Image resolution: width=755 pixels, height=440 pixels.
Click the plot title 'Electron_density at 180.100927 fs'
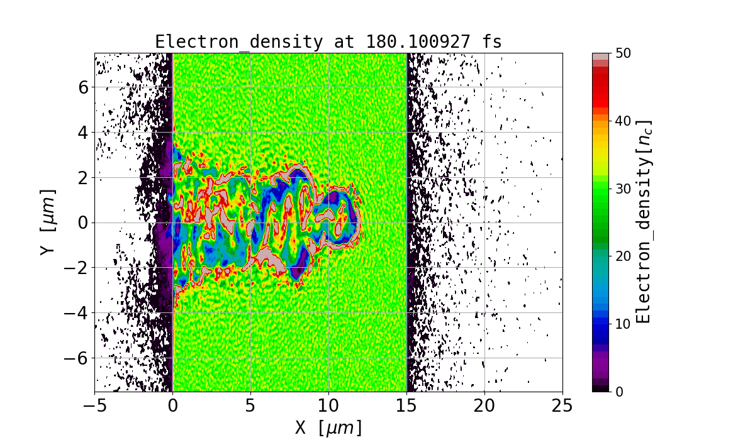[328, 42]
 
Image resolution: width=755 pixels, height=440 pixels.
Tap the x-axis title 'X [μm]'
[328, 427]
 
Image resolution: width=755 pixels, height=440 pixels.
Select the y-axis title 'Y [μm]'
[47, 223]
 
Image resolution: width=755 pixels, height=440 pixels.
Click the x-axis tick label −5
[94, 406]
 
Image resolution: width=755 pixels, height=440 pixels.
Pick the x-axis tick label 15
[406, 406]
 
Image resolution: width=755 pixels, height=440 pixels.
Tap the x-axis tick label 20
[484, 406]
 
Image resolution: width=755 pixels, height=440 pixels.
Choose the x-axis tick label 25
[562, 406]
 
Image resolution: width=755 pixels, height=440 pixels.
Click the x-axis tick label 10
[328, 406]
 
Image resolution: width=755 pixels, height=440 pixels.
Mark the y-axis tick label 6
[82, 87]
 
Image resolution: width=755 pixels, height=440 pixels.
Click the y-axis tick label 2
[82, 177]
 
